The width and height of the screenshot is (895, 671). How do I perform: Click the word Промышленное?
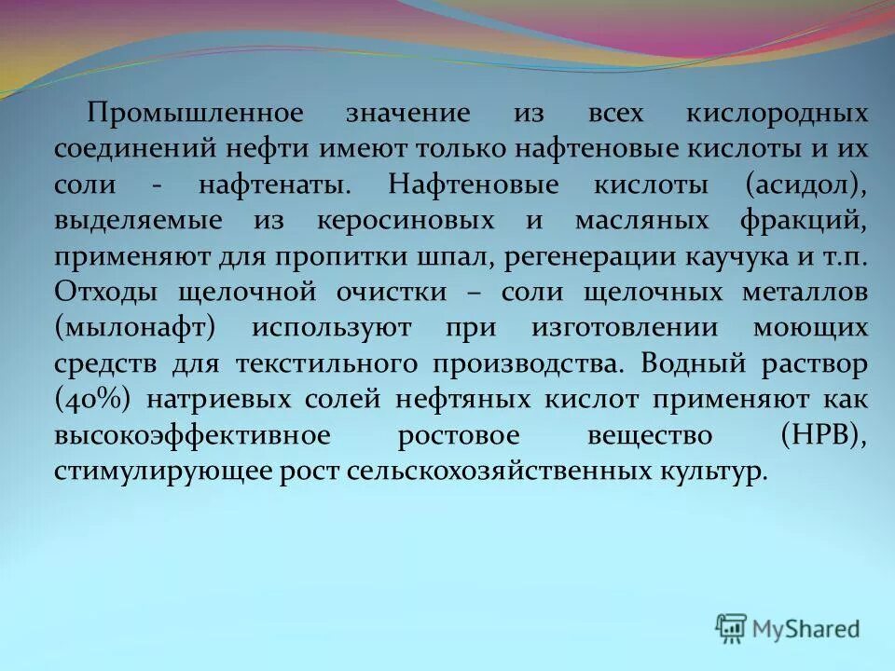(195, 114)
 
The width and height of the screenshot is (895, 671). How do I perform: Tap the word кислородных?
(777, 114)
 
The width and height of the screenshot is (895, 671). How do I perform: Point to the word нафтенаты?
(288, 185)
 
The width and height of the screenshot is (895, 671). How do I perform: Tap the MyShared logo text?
(807, 628)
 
